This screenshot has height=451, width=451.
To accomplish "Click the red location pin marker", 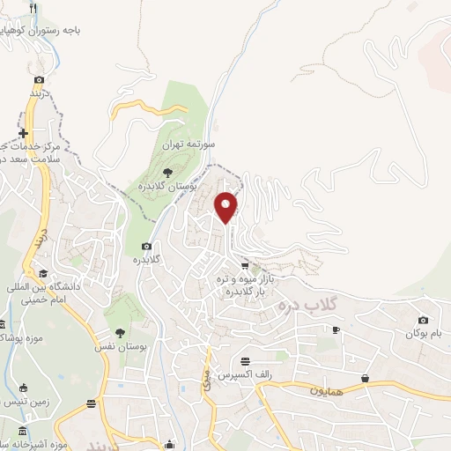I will click(227, 206).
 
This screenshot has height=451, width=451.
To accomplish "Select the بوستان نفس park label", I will click(120, 347).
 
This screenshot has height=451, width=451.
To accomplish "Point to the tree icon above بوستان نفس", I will click(120, 333).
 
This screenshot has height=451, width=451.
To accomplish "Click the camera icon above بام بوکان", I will click(424, 320).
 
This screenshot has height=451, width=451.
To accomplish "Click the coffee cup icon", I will click(335, 329).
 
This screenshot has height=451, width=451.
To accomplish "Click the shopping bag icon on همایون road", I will click(365, 379).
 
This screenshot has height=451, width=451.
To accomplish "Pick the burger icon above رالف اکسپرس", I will click(245, 361).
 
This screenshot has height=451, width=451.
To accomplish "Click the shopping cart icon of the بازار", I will click(244, 265).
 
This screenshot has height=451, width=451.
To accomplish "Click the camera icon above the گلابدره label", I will click(146, 246).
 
